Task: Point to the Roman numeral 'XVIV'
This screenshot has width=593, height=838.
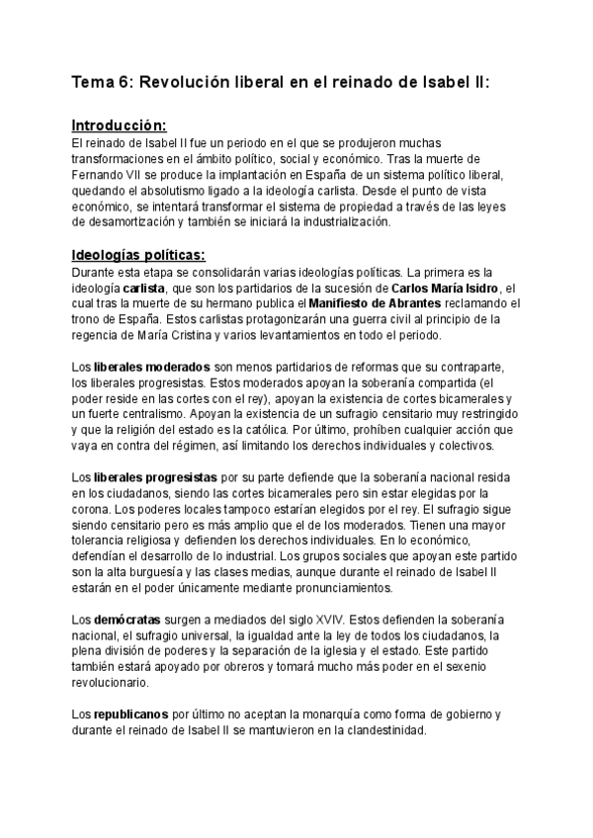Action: tap(314, 623)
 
